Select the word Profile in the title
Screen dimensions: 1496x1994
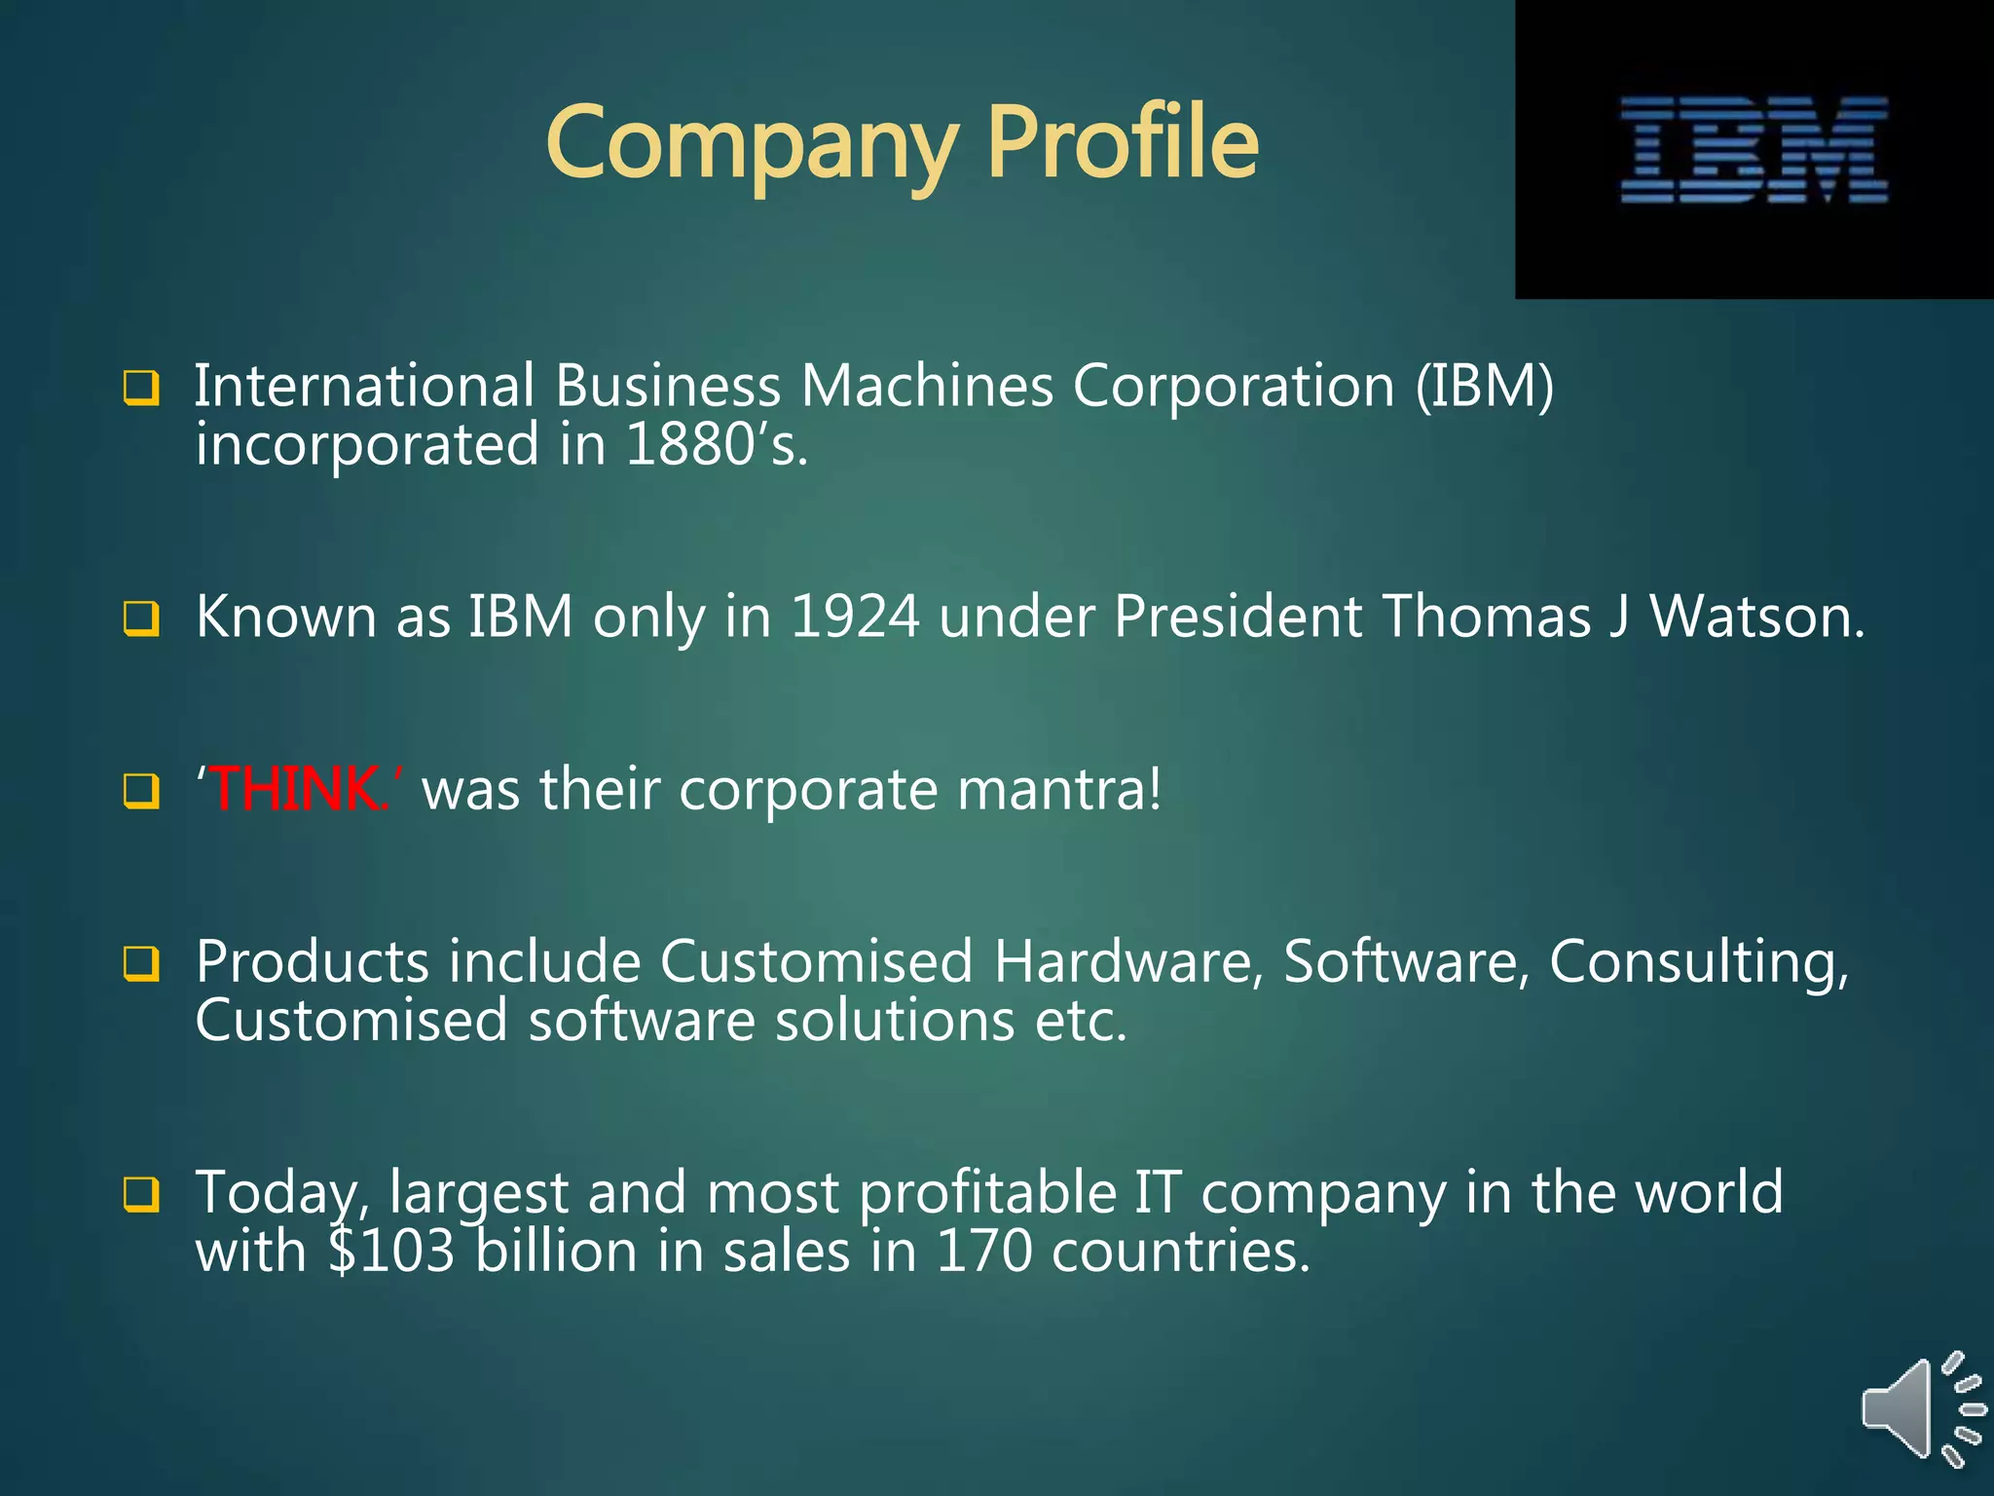coord(1123,143)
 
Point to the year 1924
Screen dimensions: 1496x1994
coord(854,617)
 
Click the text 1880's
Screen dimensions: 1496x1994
coord(717,445)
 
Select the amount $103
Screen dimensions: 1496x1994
coord(391,1252)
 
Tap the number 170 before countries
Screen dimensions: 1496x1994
coord(982,1252)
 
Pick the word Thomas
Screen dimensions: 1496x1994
coord(1486,617)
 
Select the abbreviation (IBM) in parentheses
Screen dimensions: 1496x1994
coord(1484,386)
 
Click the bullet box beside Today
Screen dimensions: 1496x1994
coord(141,1194)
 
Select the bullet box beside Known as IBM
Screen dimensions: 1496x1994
coord(141,618)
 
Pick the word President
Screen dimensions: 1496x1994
coord(1237,617)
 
